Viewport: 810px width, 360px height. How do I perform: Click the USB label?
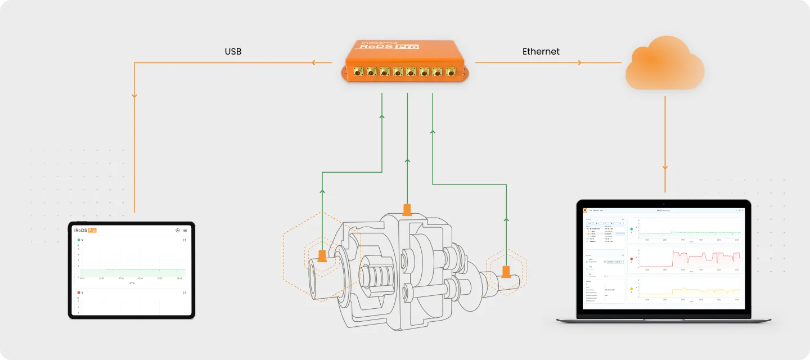click(233, 52)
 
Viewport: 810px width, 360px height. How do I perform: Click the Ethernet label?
click(541, 52)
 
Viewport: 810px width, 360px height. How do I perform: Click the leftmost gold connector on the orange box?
click(357, 71)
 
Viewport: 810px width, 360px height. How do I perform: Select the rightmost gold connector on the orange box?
click(451, 71)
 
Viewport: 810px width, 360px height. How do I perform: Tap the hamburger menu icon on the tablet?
click(185, 230)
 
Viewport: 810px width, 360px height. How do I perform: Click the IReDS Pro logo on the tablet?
click(85, 230)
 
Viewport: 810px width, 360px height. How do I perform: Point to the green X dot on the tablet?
click(79, 240)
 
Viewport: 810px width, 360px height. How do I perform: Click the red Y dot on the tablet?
click(79, 292)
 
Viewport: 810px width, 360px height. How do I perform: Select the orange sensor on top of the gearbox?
click(407, 210)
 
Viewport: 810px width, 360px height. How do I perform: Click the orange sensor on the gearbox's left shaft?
click(322, 256)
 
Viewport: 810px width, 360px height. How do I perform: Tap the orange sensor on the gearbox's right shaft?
click(506, 272)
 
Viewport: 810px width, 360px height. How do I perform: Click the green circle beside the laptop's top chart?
click(632, 229)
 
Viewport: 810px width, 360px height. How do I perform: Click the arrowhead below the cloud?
click(665, 167)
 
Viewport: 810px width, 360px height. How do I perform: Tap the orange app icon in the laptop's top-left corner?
click(585, 210)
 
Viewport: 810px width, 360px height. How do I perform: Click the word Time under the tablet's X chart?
click(131, 283)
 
